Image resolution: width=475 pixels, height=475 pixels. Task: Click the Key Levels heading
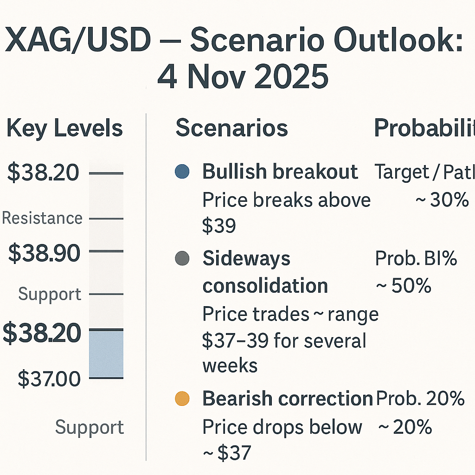(x=64, y=128)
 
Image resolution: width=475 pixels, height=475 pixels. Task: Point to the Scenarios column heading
(x=231, y=128)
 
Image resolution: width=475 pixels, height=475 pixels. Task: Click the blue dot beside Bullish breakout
(x=182, y=172)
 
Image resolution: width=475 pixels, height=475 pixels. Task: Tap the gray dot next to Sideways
(x=182, y=258)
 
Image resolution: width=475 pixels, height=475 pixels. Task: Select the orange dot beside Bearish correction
(x=182, y=399)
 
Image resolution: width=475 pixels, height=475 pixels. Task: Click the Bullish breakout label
(x=280, y=172)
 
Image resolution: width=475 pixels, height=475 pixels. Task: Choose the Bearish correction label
(x=288, y=399)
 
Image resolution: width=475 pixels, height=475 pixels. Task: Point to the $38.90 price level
(x=44, y=253)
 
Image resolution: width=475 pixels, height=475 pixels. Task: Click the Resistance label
(x=42, y=218)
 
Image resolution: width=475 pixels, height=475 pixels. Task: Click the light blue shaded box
(x=106, y=354)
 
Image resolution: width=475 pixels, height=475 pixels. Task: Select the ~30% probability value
(x=441, y=200)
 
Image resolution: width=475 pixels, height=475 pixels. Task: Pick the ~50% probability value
(x=404, y=286)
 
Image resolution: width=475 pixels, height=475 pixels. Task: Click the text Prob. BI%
(x=416, y=259)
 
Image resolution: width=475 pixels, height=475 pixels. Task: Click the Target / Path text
(x=424, y=172)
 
